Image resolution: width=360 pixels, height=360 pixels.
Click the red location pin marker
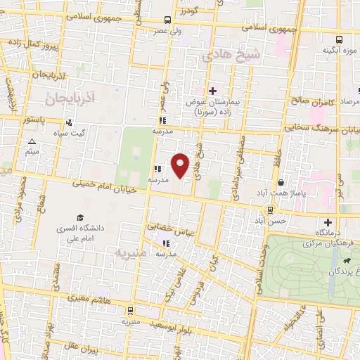(x=181, y=166)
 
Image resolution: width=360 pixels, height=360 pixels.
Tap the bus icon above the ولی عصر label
(x=167, y=20)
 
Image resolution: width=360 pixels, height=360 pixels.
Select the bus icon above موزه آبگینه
(x=339, y=39)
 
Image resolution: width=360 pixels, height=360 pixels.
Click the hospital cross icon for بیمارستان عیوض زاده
(x=212, y=91)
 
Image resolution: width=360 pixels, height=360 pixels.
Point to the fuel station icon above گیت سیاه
(x=78, y=122)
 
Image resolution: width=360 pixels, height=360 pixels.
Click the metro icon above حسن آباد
(x=270, y=210)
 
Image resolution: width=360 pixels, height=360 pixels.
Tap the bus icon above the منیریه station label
(x=129, y=309)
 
